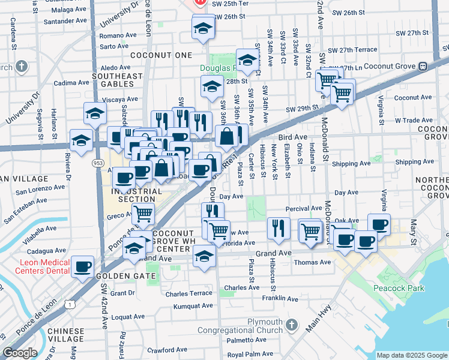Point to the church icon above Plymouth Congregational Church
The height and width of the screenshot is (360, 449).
292,325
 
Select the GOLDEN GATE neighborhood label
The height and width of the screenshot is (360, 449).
125,275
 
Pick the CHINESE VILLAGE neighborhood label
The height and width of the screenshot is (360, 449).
66,336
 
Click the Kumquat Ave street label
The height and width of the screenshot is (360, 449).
193,306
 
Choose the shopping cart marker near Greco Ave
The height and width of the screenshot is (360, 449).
142,213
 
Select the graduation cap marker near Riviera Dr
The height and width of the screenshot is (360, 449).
81,141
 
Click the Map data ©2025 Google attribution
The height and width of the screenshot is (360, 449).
412,355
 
